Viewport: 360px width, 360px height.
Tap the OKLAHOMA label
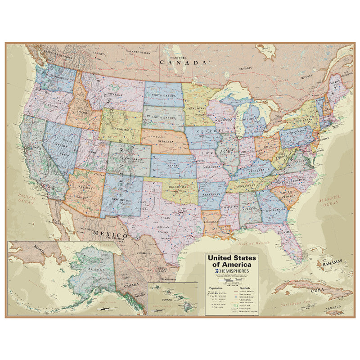click(179, 186)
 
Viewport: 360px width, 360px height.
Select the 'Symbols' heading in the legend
click(244, 288)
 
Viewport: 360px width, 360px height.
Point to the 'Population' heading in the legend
click(216, 288)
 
